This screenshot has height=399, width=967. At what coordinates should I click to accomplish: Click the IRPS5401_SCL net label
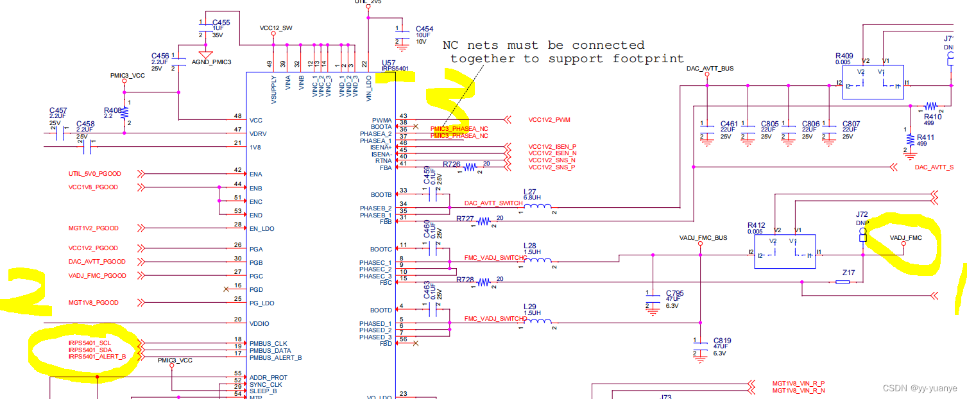pyautogui.click(x=89, y=344)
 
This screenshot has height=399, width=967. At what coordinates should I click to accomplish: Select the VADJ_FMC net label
pyautogui.click(x=905, y=238)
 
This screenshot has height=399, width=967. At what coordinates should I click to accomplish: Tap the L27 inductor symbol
pyautogui.click(x=538, y=206)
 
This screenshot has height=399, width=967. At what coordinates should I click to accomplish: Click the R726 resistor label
pyautogui.click(x=452, y=164)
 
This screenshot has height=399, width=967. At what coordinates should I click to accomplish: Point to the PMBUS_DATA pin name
pyautogui.click(x=270, y=351)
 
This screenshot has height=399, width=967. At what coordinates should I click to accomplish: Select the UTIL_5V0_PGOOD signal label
pyautogui.click(x=94, y=174)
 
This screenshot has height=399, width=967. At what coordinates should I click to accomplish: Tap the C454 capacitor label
pyautogui.click(x=424, y=30)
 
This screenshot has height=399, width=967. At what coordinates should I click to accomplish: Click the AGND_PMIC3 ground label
pyautogui.click(x=211, y=62)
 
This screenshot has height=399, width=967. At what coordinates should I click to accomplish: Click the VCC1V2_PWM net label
pyautogui.click(x=549, y=120)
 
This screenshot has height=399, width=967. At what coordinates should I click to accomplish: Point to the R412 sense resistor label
pyautogui.click(x=756, y=225)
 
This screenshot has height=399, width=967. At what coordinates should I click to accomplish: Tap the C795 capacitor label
pyautogui.click(x=674, y=293)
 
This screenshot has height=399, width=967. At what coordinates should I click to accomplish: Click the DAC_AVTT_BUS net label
pyautogui.click(x=710, y=68)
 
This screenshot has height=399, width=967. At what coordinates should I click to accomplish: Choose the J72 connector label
pyautogui.click(x=862, y=214)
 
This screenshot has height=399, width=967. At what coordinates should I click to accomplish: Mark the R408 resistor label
pyautogui.click(x=112, y=110)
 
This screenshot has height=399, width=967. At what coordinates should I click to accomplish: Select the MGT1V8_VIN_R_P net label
pyautogui.click(x=798, y=383)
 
